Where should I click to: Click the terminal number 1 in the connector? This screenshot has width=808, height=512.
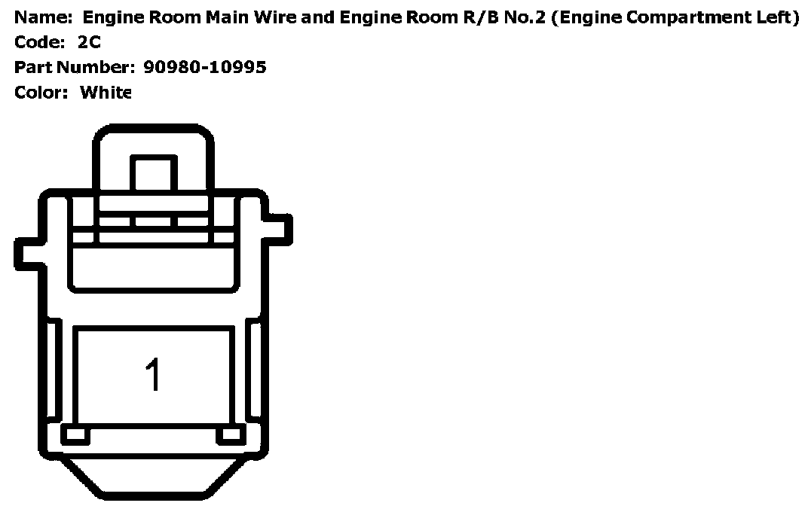pyautogui.click(x=153, y=374)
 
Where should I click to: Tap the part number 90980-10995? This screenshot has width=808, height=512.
pyautogui.click(x=204, y=68)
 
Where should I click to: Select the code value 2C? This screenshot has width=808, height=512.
pyautogui.click(x=89, y=42)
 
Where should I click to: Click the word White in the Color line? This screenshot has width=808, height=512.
pyautogui.click(x=106, y=93)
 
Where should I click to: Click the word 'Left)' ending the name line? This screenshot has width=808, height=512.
pyautogui.click(x=776, y=17)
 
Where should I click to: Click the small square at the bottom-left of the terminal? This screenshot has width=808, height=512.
pyautogui.click(x=75, y=435)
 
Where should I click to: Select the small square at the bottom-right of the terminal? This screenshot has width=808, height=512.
pyautogui.click(x=231, y=435)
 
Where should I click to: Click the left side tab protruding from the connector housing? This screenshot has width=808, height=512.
pyautogui.click(x=27, y=254)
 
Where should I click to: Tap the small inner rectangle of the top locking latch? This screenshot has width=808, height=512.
pyautogui.click(x=154, y=173)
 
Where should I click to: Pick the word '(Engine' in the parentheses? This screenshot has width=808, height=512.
pyautogui.click(x=581, y=17)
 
